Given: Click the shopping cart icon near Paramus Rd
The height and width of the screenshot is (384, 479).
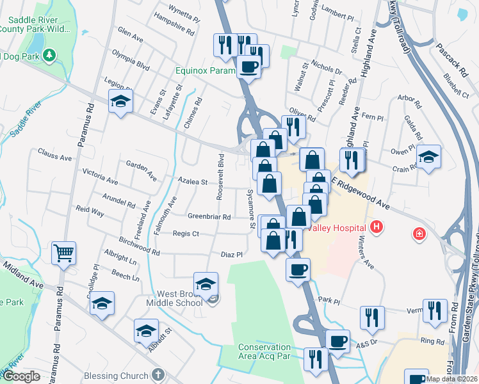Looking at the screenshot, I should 64,253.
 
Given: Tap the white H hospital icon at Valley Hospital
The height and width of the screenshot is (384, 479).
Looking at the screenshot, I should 377,227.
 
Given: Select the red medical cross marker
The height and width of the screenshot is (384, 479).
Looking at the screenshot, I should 419,234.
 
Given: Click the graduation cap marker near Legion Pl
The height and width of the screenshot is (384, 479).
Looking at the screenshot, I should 120,102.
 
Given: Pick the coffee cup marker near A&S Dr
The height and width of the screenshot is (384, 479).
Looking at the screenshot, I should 337,340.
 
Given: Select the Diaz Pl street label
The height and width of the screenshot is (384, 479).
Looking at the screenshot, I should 231,254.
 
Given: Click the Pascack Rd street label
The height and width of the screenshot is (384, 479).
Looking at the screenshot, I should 453,53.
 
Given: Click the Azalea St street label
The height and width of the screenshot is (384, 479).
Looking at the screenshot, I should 193,182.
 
